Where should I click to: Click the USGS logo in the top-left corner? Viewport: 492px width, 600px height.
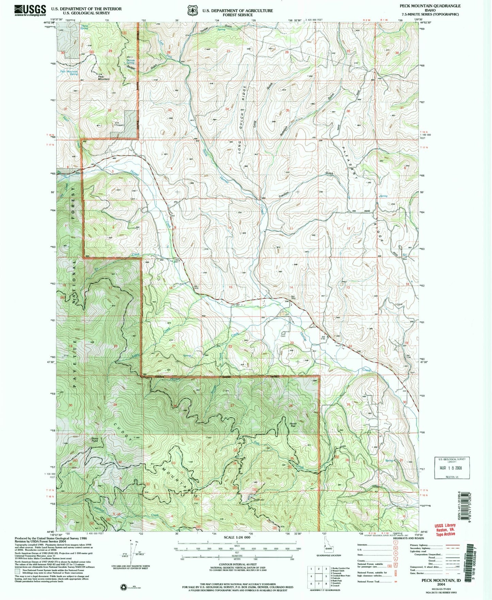tap(30, 10)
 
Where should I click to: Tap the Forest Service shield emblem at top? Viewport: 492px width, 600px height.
tap(192, 10)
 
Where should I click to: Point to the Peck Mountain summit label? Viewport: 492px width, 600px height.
tap(104, 78)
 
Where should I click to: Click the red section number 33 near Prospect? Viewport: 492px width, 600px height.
tap(169, 110)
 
